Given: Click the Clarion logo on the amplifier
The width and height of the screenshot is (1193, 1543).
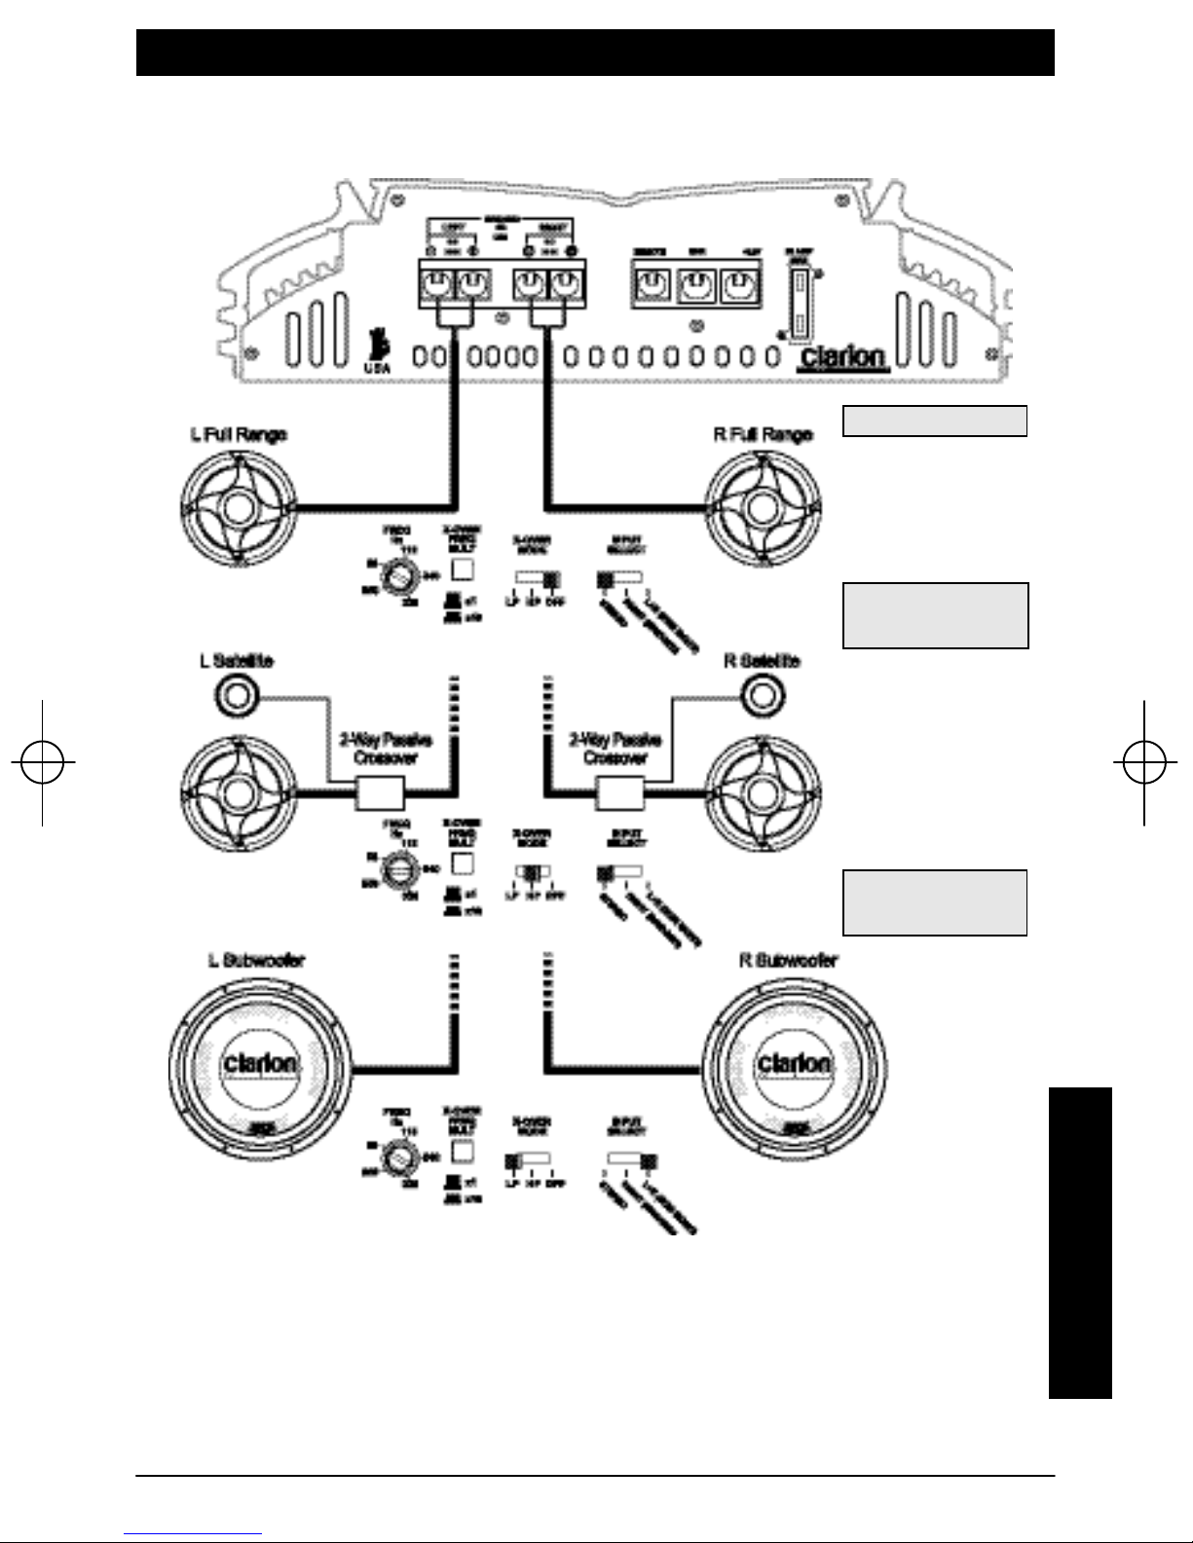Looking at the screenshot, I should point(843,356).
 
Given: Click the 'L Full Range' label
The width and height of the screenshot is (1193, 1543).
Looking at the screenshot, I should point(238,435).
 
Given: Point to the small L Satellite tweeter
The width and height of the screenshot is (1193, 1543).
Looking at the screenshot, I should point(236,694).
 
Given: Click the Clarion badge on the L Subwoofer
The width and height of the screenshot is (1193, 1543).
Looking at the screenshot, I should point(263,1063).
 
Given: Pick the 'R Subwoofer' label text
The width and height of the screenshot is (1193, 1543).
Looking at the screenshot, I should point(789,960).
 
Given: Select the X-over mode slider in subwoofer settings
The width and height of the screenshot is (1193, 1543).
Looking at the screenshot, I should point(528,1160).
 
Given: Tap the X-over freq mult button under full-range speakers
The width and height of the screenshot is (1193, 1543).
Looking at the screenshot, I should point(464,567).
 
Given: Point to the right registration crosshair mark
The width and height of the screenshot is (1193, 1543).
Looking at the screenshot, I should point(1144,762).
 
